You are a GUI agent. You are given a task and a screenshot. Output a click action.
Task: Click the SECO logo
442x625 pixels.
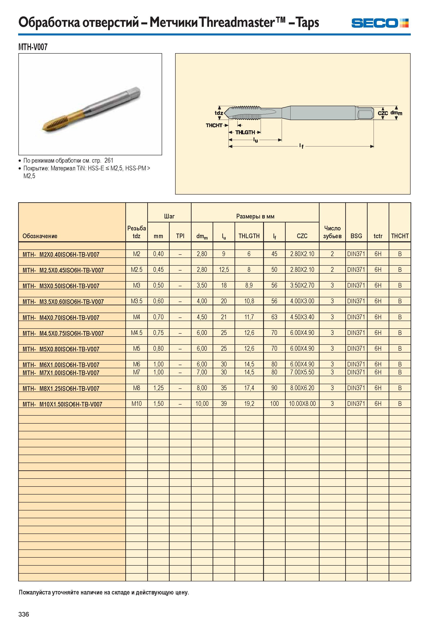pos(380,23)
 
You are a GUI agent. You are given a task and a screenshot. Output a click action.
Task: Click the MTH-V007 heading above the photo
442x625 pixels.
pos(33,47)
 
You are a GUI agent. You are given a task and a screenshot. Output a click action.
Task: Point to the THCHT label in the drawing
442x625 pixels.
pos(214,125)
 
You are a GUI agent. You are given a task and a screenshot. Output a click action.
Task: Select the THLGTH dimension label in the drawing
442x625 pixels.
pos(245,132)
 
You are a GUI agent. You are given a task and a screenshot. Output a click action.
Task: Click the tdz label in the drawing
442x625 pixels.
pos(219,113)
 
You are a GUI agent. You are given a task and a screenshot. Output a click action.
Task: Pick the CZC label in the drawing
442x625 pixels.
pos(383,113)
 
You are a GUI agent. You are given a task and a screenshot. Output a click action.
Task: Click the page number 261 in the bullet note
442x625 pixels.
pos(109,160)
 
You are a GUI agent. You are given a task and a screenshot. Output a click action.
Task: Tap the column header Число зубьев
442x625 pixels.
pos(332,232)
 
